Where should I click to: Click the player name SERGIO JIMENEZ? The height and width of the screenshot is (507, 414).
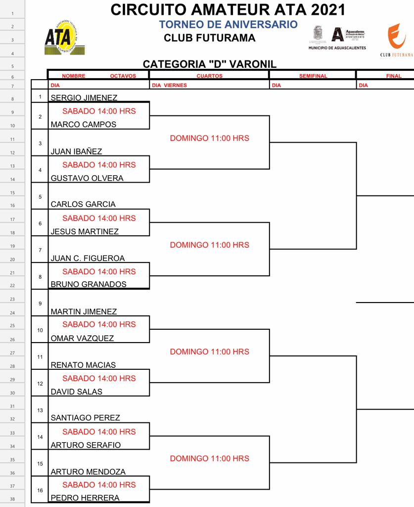(84, 98)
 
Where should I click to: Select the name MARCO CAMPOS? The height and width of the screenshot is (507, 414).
(83, 125)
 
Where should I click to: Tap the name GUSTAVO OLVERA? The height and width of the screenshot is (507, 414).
(87, 178)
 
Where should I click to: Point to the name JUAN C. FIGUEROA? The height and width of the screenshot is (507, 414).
(88, 258)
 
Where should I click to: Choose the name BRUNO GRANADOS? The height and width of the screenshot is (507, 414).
(89, 285)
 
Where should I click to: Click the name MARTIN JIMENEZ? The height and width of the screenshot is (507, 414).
(84, 312)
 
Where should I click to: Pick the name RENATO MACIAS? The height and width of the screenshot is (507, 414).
(83, 365)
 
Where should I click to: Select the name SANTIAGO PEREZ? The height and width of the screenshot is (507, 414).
(85, 418)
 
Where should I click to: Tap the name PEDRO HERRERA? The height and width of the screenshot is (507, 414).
(85, 498)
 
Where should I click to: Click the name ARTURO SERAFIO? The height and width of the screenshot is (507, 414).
(86, 445)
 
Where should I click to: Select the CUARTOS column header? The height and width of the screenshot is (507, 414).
(209, 76)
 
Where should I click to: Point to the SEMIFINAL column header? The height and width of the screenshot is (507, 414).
(313, 76)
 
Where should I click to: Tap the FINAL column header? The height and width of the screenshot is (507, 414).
(394, 76)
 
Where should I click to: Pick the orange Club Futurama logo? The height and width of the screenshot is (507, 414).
(396, 37)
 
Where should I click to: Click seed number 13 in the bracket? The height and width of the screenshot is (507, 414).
(40, 410)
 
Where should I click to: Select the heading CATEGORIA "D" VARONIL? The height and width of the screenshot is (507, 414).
(209, 64)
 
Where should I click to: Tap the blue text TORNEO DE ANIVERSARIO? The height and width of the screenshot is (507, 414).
(228, 25)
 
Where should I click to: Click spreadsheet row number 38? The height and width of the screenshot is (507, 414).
(12, 499)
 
